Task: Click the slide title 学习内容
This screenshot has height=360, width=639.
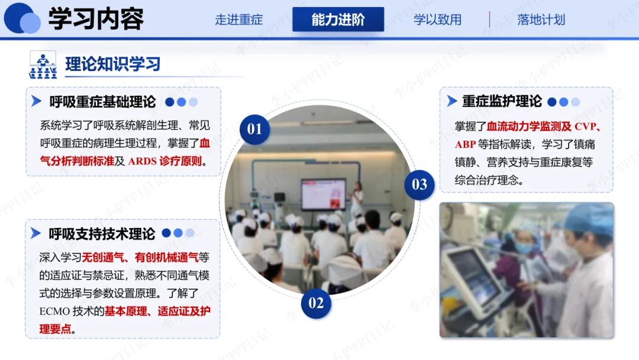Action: pos(96,19)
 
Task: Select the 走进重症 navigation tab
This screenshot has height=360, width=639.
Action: pos(239,20)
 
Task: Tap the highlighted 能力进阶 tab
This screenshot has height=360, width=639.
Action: pos(338,19)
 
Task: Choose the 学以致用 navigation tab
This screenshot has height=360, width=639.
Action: pos(437,20)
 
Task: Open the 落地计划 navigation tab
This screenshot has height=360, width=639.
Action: pos(541,20)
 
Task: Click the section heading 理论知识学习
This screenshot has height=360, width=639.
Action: pos(113,64)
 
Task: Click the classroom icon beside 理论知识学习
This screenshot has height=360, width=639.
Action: pos(43,65)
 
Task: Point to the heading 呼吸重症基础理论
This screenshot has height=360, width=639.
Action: pos(103,102)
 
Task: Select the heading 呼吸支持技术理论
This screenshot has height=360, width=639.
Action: pos(102,234)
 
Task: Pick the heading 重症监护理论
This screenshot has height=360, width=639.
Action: pos(502,101)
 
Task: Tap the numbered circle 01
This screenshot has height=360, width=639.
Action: pos(254,129)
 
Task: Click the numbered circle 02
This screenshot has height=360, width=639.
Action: pos(316,303)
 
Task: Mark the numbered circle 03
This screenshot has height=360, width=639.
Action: pos(419,185)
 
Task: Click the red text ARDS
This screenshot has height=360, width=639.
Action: pos(142,162)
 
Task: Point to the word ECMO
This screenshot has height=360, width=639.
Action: pos(54,311)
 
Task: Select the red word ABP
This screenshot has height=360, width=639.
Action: pos(466,144)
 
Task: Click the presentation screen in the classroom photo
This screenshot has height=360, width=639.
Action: pos(323,194)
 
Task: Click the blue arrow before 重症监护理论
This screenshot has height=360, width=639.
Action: pos(451,101)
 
